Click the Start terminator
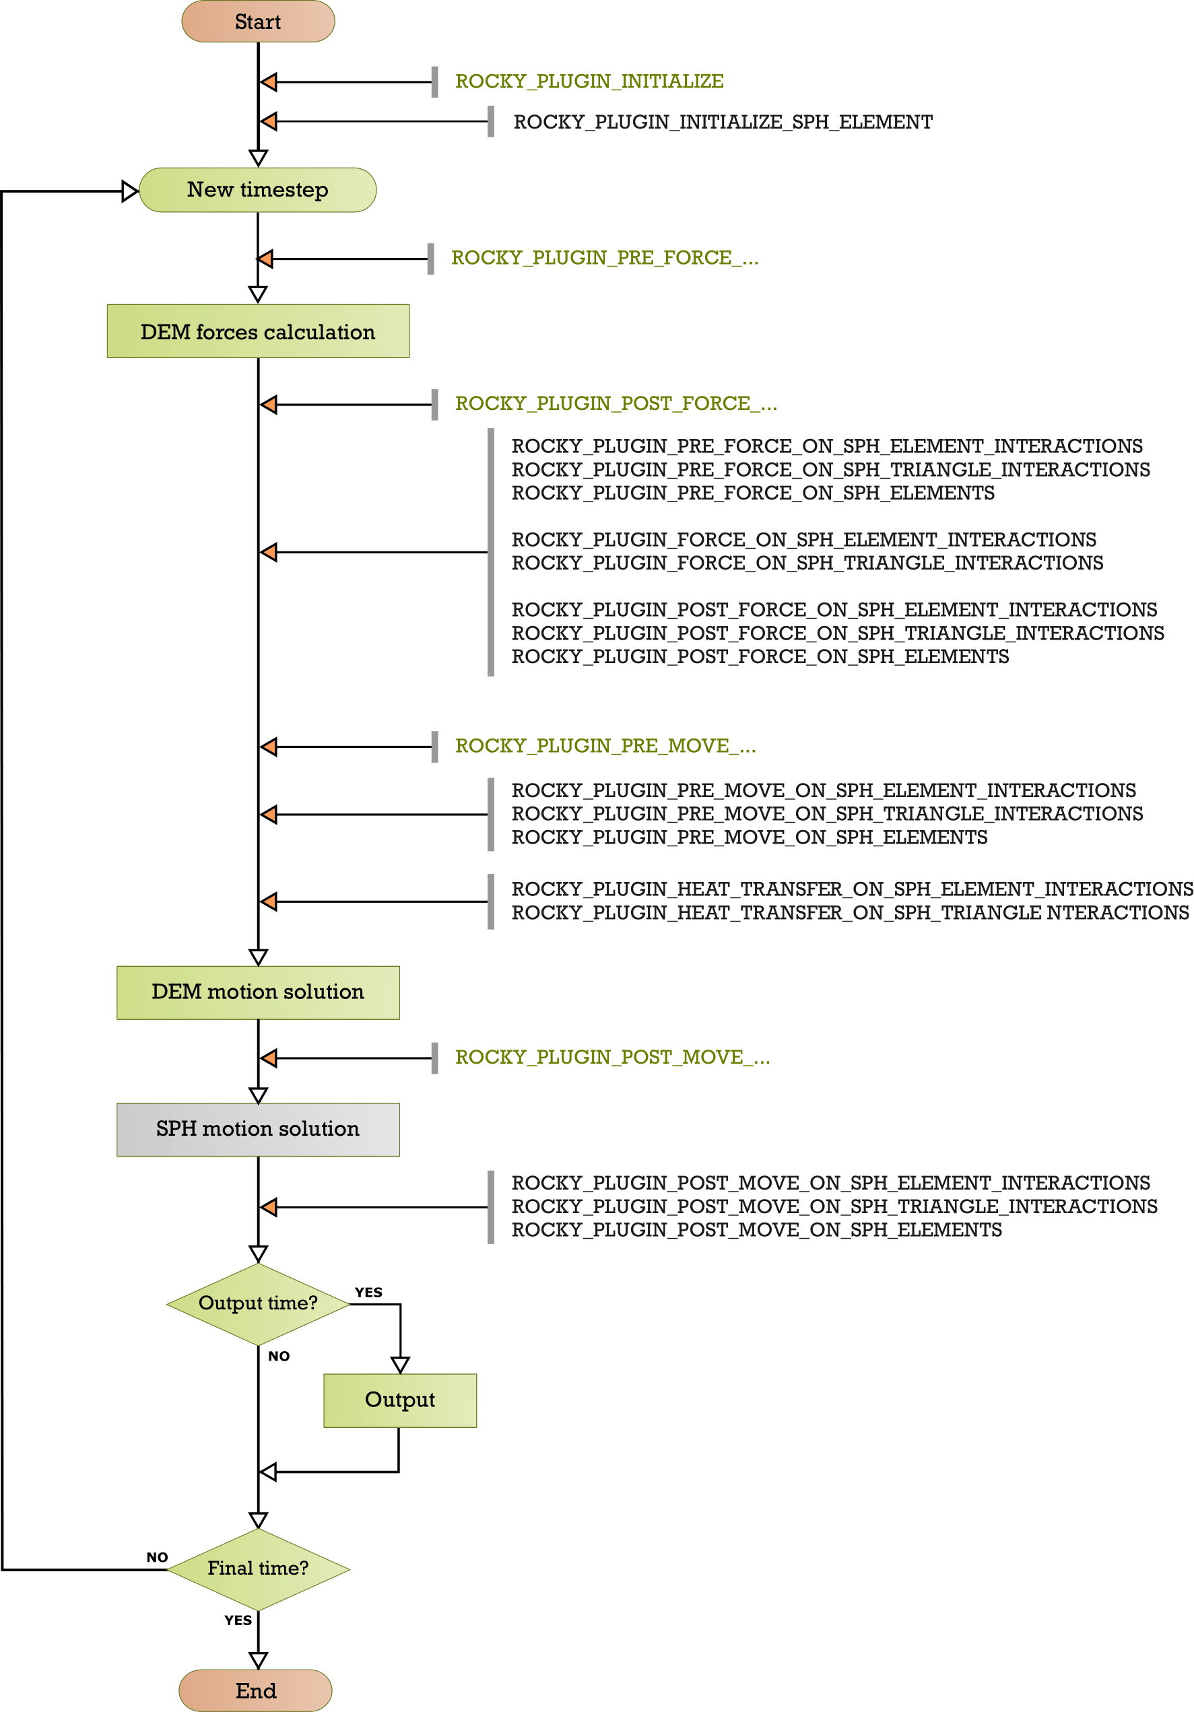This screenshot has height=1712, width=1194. coord(258,22)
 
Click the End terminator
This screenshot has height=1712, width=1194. coord(256,1690)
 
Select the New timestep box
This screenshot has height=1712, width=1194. coord(258,190)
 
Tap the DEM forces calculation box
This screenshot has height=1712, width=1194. coord(258,331)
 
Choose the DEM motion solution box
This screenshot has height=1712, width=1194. coord(258,992)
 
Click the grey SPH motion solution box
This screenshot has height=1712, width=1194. coord(258,1130)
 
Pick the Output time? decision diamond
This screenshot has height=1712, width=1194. coord(258,1304)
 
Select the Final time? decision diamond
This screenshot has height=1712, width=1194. coord(258,1569)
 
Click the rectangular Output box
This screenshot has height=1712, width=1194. coord(400,1400)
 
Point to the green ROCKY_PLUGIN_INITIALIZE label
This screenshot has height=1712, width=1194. coord(589,81)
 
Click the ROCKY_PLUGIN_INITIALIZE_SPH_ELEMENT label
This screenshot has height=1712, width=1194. coord(723,123)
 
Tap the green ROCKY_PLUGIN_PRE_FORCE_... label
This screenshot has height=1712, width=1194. coord(605,258)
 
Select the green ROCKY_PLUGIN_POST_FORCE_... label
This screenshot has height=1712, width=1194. coord(616,404)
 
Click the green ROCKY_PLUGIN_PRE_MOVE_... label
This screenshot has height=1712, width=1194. coord(605,747)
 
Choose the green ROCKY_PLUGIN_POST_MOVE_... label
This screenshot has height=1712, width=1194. coord(612,1058)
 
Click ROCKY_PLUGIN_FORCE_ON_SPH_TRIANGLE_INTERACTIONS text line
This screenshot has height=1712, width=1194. coord(807,563)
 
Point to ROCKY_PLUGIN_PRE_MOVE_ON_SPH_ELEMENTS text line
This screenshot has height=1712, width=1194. coord(750,837)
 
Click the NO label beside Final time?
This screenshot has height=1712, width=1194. coord(158,1557)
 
